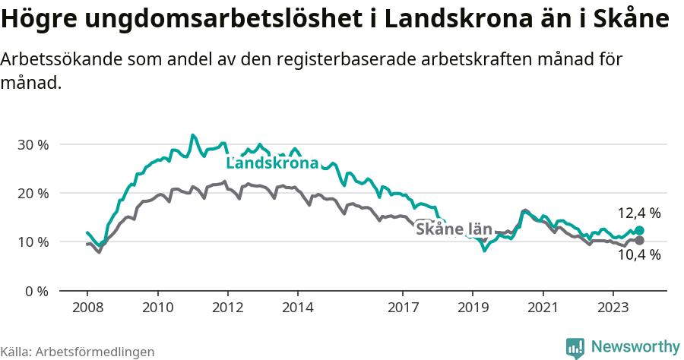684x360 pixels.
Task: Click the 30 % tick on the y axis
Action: pos(33,144)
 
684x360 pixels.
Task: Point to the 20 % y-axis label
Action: pos(33,193)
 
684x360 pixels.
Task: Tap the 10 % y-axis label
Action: pos(33,242)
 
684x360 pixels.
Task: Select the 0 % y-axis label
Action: pos(36,291)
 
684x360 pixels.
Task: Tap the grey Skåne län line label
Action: pos(454,228)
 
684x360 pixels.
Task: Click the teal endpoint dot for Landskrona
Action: pos(639,230)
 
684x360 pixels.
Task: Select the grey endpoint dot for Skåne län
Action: pos(639,240)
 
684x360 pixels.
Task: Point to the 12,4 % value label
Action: pos(638,213)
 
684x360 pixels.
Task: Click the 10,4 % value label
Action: pos(638,255)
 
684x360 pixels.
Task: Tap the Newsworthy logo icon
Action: pos(575,348)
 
